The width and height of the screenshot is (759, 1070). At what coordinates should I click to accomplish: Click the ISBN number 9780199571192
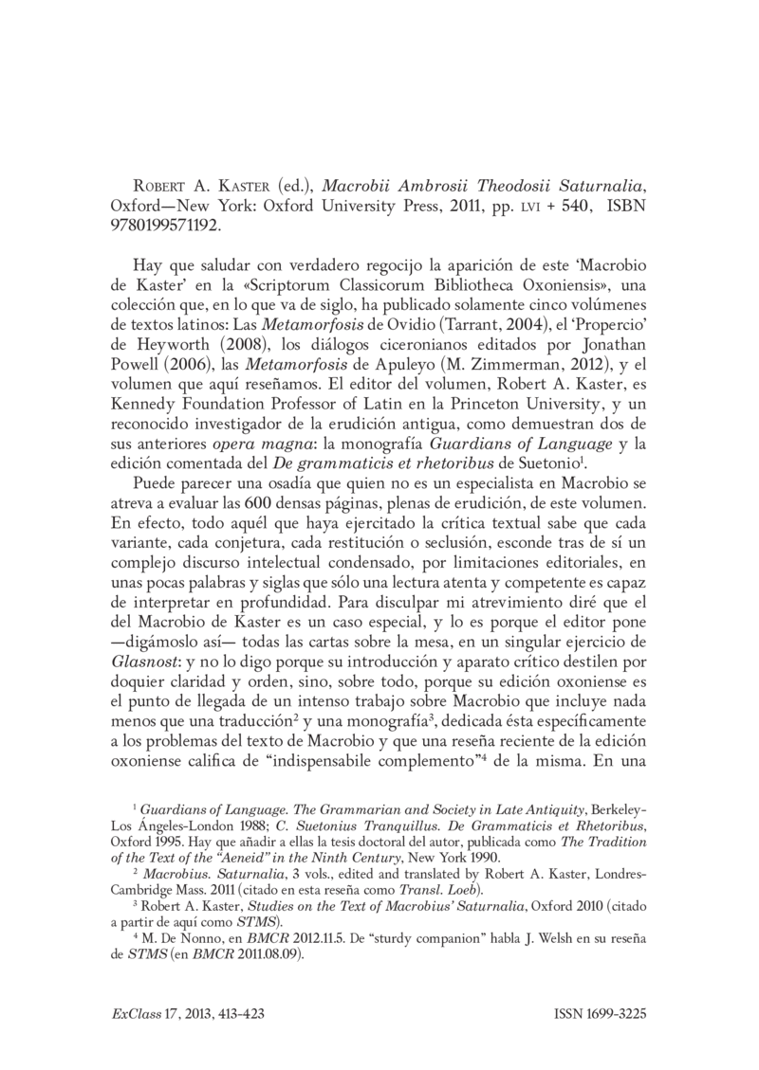pos(166,227)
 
